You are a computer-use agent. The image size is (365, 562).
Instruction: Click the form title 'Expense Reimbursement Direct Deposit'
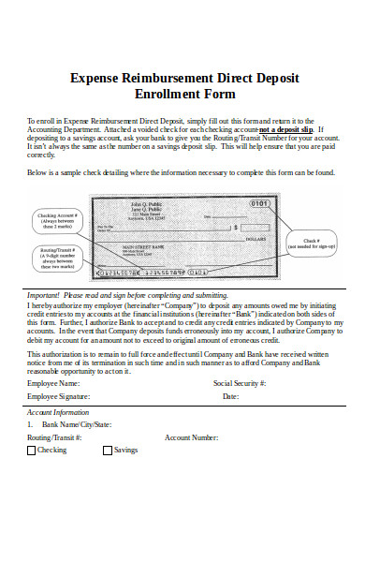[184, 79]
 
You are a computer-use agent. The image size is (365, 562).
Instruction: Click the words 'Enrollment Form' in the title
[184, 95]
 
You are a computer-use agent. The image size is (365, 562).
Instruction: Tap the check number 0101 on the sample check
[259, 203]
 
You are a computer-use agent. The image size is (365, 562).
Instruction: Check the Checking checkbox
[31, 450]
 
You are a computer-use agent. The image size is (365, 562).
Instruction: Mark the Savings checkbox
[107, 450]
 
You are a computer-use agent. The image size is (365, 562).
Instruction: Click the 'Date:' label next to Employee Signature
[230, 396]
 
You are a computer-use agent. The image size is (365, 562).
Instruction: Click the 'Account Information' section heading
[58, 411]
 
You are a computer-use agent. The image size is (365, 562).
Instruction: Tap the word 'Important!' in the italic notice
[44, 294]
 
